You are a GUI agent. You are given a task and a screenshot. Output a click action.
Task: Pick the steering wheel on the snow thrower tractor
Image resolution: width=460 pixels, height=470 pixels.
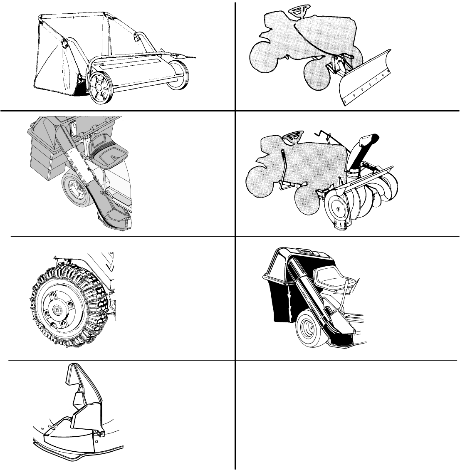click(295, 135)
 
